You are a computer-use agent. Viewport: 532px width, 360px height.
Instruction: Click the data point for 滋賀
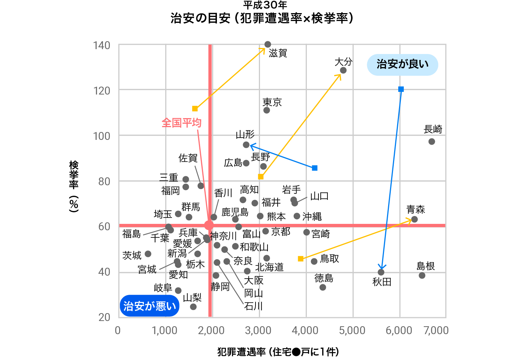(x=267, y=45)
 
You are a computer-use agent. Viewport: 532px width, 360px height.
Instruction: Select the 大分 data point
(x=343, y=70)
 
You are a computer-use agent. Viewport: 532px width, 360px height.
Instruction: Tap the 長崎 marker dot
(x=432, y=141)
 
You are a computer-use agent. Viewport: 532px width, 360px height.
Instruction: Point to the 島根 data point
(x=422, y=276)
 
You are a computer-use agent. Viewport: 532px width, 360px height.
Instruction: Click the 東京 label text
(x=272, y=102)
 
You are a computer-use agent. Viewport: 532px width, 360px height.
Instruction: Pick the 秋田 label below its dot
(x=382, y=282)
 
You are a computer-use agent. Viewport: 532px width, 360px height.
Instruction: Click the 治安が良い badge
(x=402, y=64)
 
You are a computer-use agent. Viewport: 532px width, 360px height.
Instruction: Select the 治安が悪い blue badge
(x=149, y=306)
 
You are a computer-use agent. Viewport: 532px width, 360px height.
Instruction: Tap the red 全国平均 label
(x=181, y=123)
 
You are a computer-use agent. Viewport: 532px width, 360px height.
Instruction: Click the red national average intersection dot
(x=209, y=225)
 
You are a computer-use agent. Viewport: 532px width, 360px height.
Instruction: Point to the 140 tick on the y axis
(x=102, y=45)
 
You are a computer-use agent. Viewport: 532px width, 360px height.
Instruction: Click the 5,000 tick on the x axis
(x=352, y=330)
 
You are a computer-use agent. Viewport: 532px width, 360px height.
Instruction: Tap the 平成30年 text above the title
(x=265, y=5)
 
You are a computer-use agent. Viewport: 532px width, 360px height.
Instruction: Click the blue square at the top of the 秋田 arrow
(x=401, y=89)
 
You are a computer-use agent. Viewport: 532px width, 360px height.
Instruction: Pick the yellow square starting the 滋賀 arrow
(x=195, y=109)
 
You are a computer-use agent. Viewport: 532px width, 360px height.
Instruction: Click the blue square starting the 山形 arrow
(x=315, y=168)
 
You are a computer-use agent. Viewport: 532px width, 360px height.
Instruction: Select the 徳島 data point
(x=323, y=287)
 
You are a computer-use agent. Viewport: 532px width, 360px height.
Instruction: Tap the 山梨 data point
(x=193, y=307)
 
